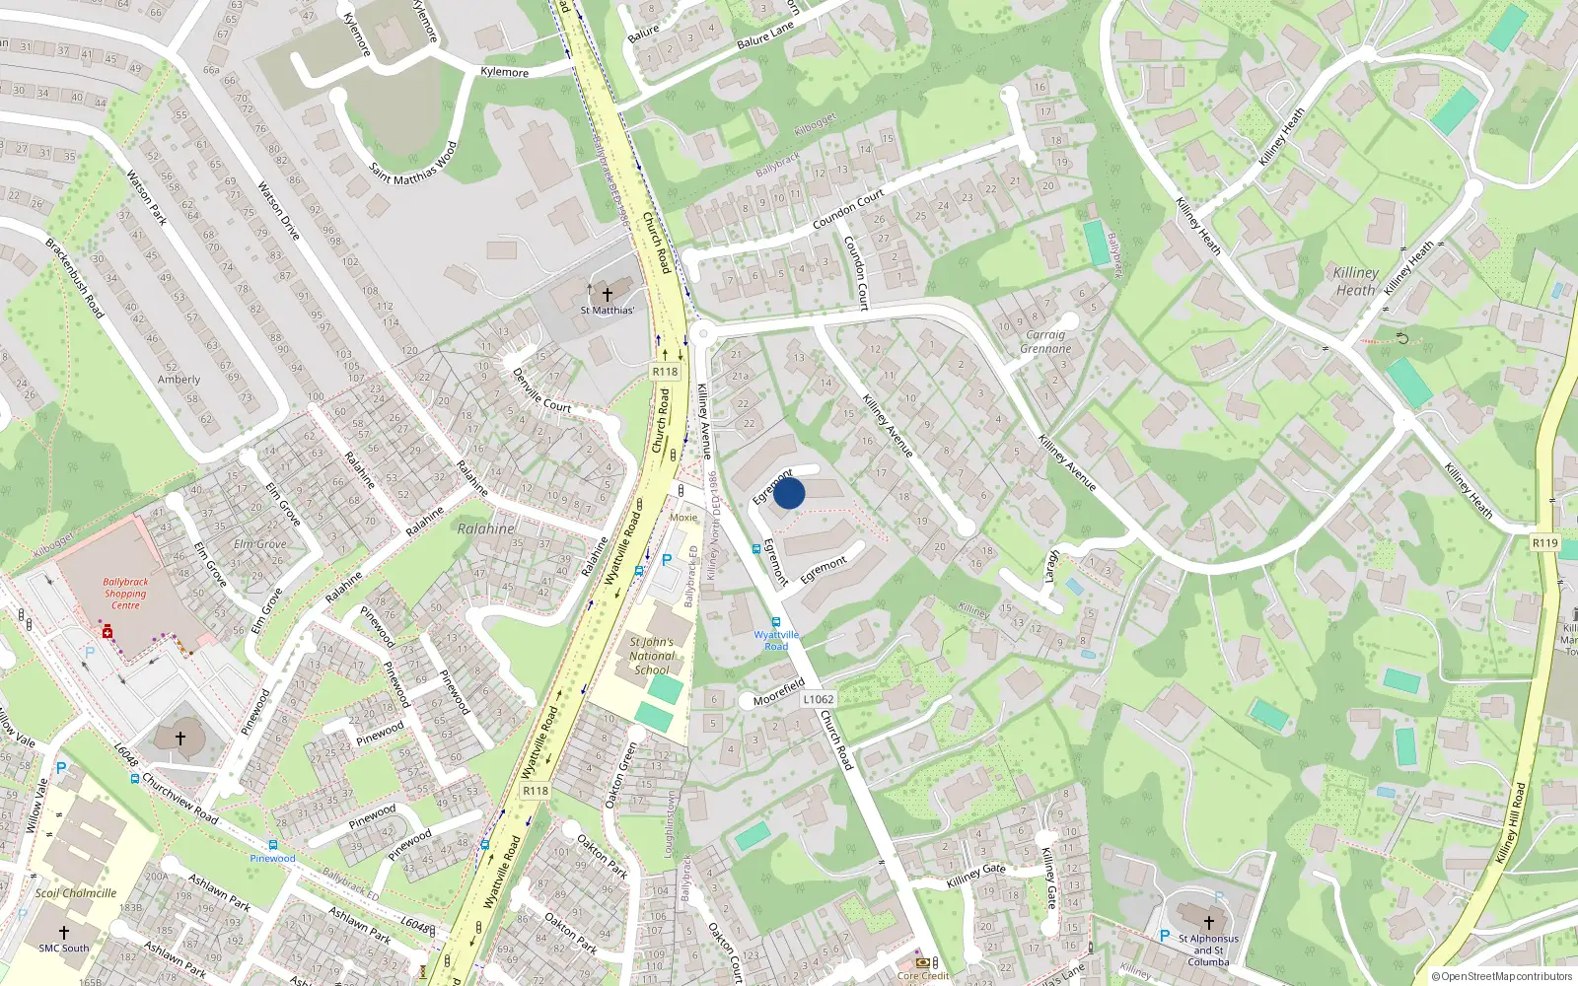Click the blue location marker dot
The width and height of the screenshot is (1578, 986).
[x=789, y=493]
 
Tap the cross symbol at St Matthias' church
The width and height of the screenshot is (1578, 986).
[x=608, y=294]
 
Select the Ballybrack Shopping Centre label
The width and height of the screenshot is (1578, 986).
[x=125, y=594]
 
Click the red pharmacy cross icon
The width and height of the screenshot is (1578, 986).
[x=108, y=632]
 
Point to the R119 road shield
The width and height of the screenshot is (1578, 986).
[x=1545, y=543]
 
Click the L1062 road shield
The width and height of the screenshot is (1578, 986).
[x=818, y=699]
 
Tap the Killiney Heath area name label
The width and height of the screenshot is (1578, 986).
[x=1356, y=281]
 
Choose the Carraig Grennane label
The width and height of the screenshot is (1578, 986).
[x=1045, y=341]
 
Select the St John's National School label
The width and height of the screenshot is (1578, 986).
[x=652, y=656]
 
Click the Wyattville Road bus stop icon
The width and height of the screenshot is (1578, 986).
[x=776, y=622]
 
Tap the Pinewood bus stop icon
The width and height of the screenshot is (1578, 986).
[x=272, y=845]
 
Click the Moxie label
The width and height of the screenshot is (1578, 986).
[x=683, y=517]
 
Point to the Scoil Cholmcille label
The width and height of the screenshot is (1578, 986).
[x=76, y=893]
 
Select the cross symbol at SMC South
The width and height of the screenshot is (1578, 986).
[x=64, y=932]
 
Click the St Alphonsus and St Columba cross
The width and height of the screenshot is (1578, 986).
[x=1209, y=923]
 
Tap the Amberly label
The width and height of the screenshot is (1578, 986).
[x=179, y=380]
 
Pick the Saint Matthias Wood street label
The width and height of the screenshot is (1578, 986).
[x=413, y=164]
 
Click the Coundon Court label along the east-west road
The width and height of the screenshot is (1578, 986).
[x=848, y=210]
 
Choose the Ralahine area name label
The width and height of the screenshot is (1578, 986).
[x=486, y=528]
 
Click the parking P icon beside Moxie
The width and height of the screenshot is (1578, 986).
[x=667, y=560]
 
